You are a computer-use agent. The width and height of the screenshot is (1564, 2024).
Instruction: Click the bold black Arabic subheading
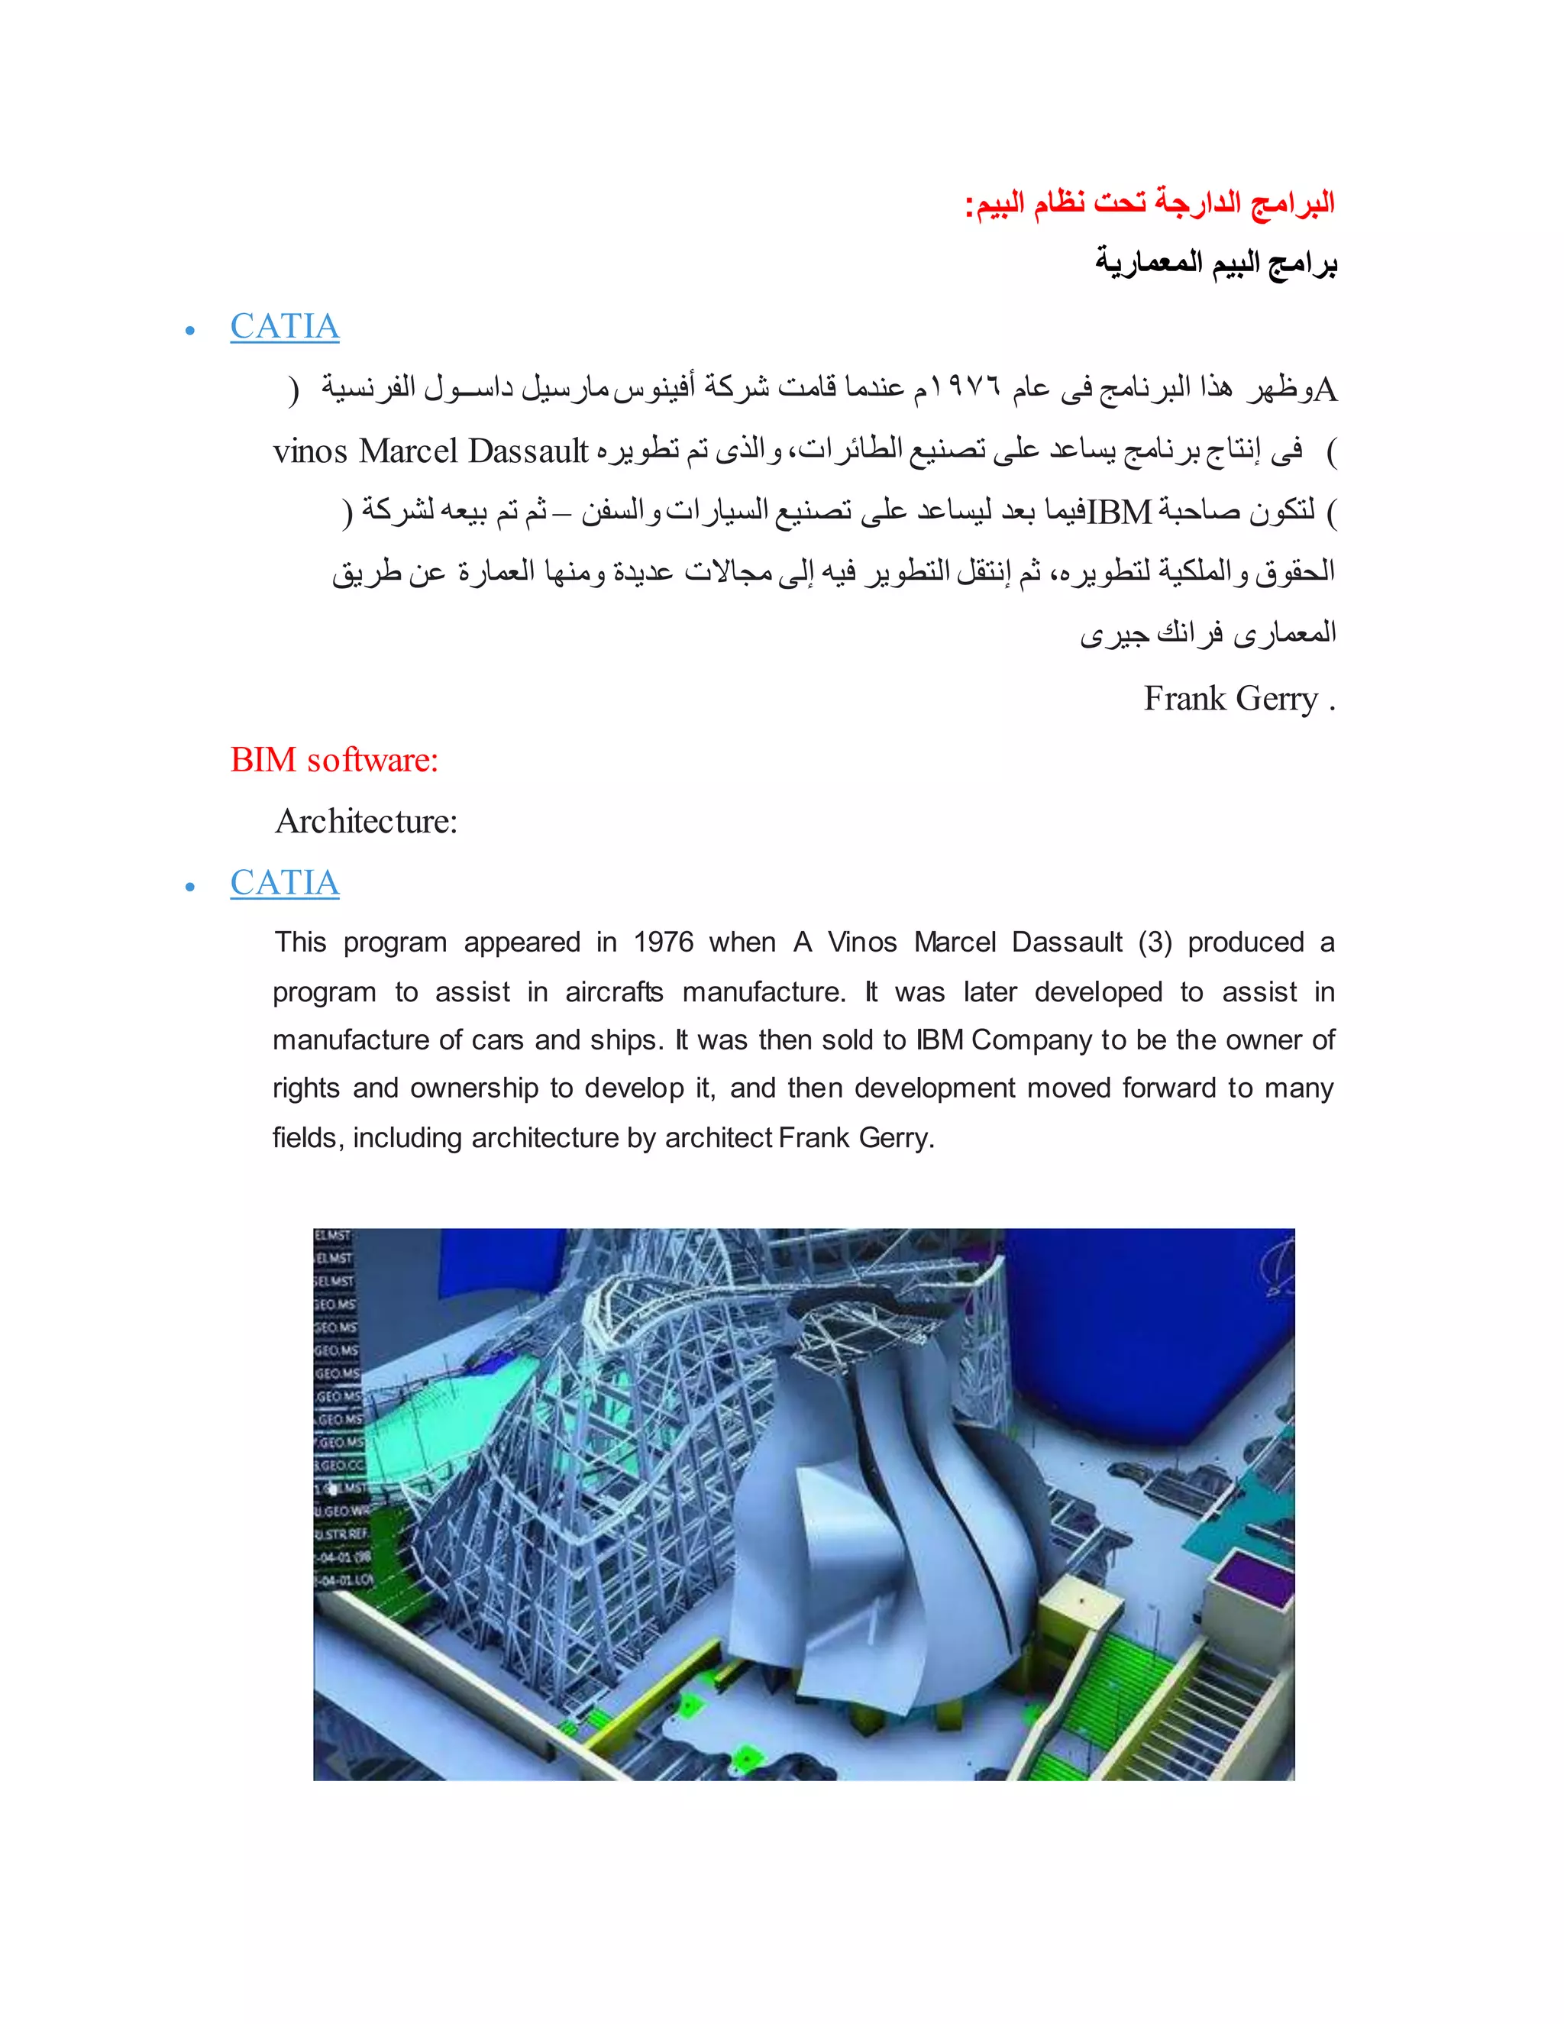tap(1215, 264)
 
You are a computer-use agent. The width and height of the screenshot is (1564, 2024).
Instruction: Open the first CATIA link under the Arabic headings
tap(284, 326)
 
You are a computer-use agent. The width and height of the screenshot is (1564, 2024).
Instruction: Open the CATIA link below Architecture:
tap(284, 882)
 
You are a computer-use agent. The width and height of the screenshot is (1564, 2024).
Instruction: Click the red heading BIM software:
tap(334, 760)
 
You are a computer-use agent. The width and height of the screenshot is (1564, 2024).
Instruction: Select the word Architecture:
tap(366, 821)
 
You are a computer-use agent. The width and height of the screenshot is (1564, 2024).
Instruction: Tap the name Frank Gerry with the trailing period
tap(1238, 699)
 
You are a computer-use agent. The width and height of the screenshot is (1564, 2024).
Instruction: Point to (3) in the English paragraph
tap(1155, 942)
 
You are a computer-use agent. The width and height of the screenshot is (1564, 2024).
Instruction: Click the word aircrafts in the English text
tap(614, 993)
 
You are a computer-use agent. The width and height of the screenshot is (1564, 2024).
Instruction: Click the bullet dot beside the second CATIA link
tap(190, 887)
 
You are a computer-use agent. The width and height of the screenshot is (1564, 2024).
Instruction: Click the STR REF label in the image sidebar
tap(343, 1534)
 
